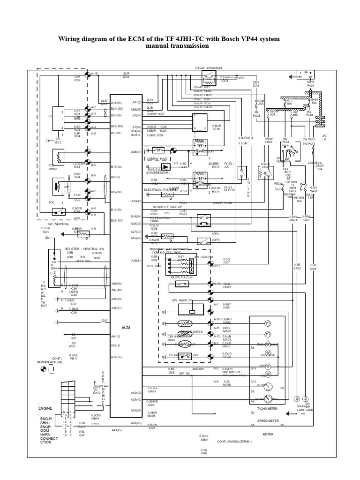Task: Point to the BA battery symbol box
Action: pyautogui.click(x=306, y=73)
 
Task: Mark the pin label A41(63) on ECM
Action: pyautogui.click(x=117, y=102)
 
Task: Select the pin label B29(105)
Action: pyautogui.click(x=117, y=127)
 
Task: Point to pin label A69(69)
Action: pyautogui.click(x=117, y=284)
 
